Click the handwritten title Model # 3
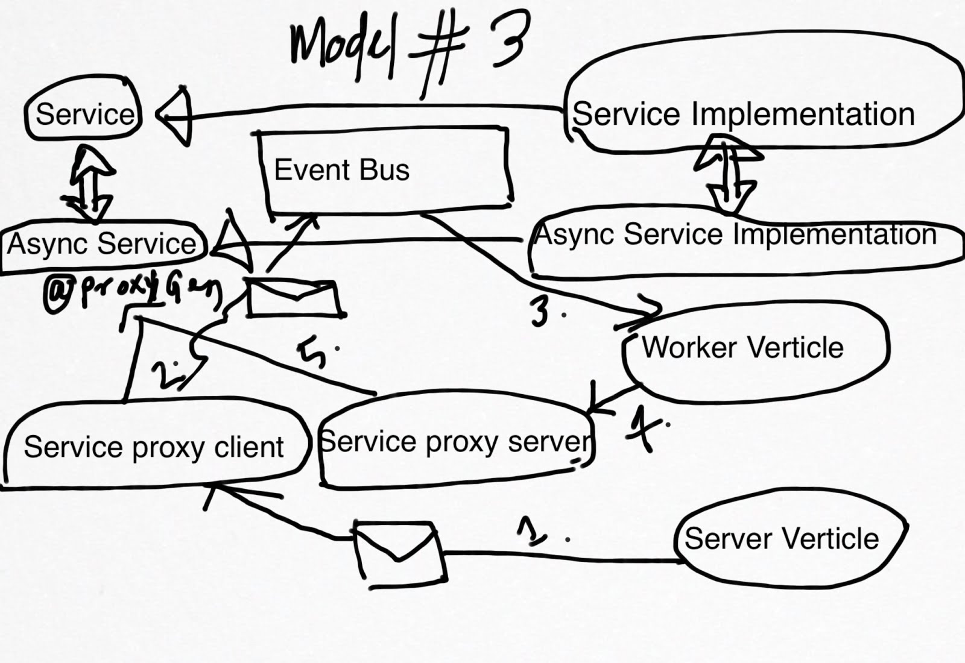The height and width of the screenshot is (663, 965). click(x=410, y=45)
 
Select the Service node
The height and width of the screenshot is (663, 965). click(x=84, y=114)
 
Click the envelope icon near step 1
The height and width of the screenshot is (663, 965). click(x=399, y=553)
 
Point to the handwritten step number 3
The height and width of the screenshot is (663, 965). click(x=541, y=310)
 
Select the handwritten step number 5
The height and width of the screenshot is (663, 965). click(x=314, y=353)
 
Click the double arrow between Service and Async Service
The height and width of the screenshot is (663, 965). click(x=90, y=184)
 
